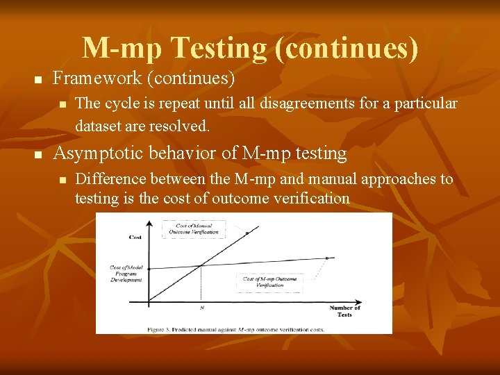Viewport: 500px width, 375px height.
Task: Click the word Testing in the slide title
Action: pos(217,48)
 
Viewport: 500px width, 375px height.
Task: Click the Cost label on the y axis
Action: pos(135,237)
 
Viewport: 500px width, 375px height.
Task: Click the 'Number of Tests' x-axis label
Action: pos(344,310)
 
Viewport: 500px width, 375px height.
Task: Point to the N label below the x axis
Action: pos(201,307)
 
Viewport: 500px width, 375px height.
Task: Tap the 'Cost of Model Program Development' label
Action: pos(126,274)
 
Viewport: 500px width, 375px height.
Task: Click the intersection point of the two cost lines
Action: pos(201,265)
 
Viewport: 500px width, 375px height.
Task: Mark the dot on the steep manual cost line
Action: pos(247,234)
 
